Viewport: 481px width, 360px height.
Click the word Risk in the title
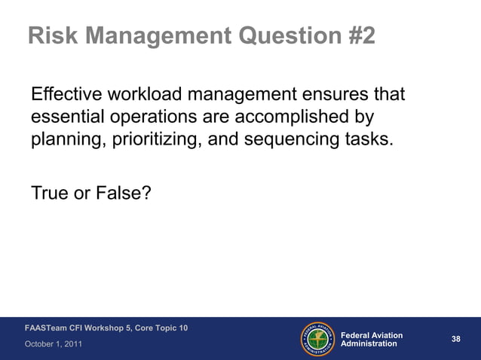tap(53, 35)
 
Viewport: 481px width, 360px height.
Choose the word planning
tap(66, 140)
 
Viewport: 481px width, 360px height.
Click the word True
tap(50, 194)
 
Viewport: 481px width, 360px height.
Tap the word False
tap(123, 194)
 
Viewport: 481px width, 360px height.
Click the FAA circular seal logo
tap(318, 339)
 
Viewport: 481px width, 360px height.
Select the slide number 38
tap(455, 339)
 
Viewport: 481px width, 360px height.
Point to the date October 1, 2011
tap(54, 344)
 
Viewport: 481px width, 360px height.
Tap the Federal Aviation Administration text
tap(372, 339)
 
